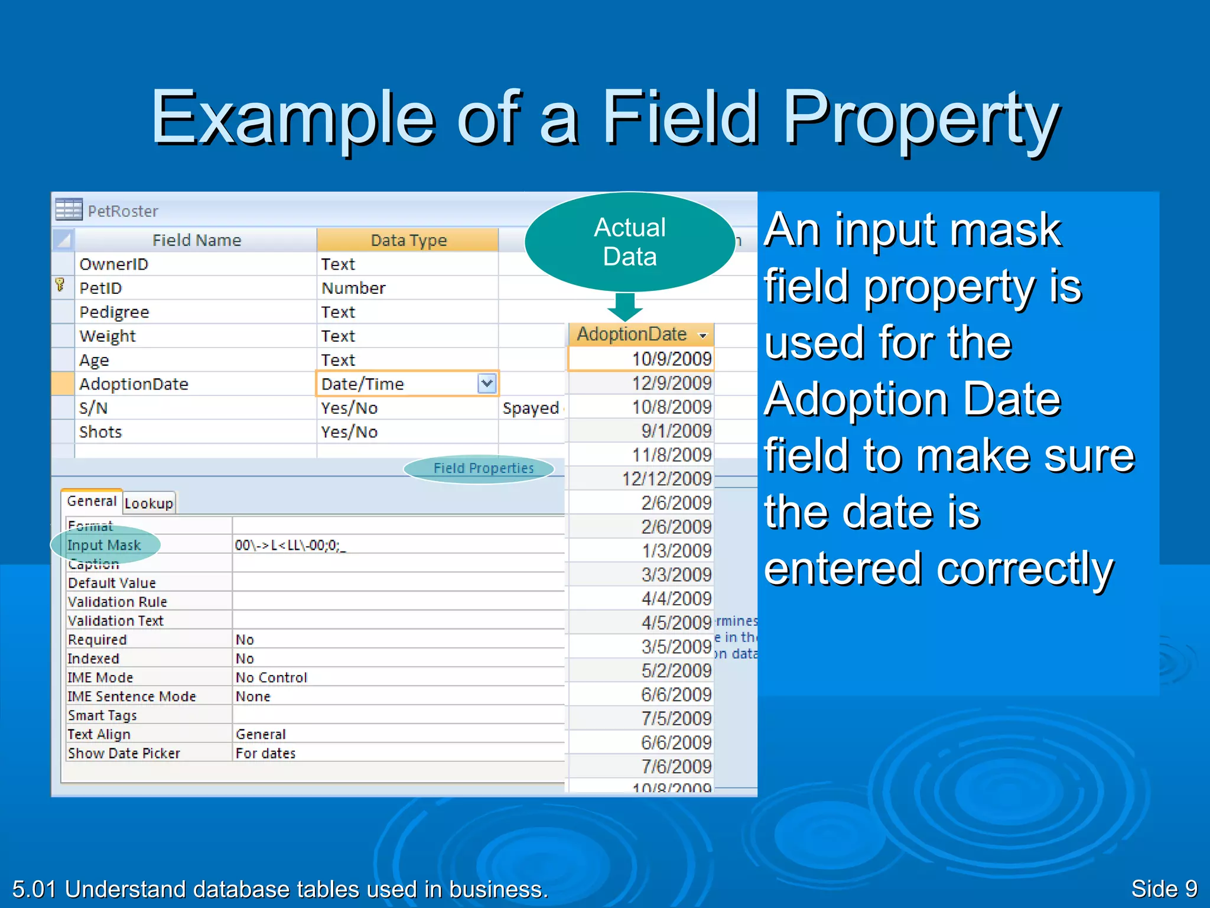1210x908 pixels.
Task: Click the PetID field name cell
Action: pyautogui.click(x=100, y=288)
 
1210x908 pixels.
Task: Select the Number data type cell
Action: pyautogui.click(x=353, y=288)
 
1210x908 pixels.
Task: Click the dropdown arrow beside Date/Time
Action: pyautogui.click(x=487, y=384)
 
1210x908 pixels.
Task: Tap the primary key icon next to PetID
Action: pyautogui.click(x=60, y=286)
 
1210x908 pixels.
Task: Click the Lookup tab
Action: pyautogui.click(x=149, y=503)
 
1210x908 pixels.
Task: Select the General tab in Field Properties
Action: pyautogui.click(x=92, y=501)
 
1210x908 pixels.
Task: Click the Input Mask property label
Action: pyautogui.click(x=104, y=545)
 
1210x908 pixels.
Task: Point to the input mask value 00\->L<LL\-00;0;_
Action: pyautogui.click(x=290, y=545)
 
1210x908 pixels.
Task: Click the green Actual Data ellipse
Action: pyautogui.click(x=630, y=242)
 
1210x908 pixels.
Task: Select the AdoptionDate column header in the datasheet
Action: pyautogui.click(x=632, y=334)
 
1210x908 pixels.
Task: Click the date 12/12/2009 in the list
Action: pyautogui.click(x=666, y=479)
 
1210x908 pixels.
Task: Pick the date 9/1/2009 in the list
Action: pyautogui.click(x=676, y=431)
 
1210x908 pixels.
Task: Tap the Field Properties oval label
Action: pyautogui.click(x=483, y=468)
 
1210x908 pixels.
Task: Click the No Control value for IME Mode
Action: pyautogui.click(x=271, y=677)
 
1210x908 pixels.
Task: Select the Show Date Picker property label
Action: pyautogui.click(x=124, y=753)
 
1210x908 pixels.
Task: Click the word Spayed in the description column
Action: pyautogui.click(x=531, y=408)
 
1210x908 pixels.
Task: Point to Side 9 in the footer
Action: pyautogui.click(x=1163, y=888)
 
